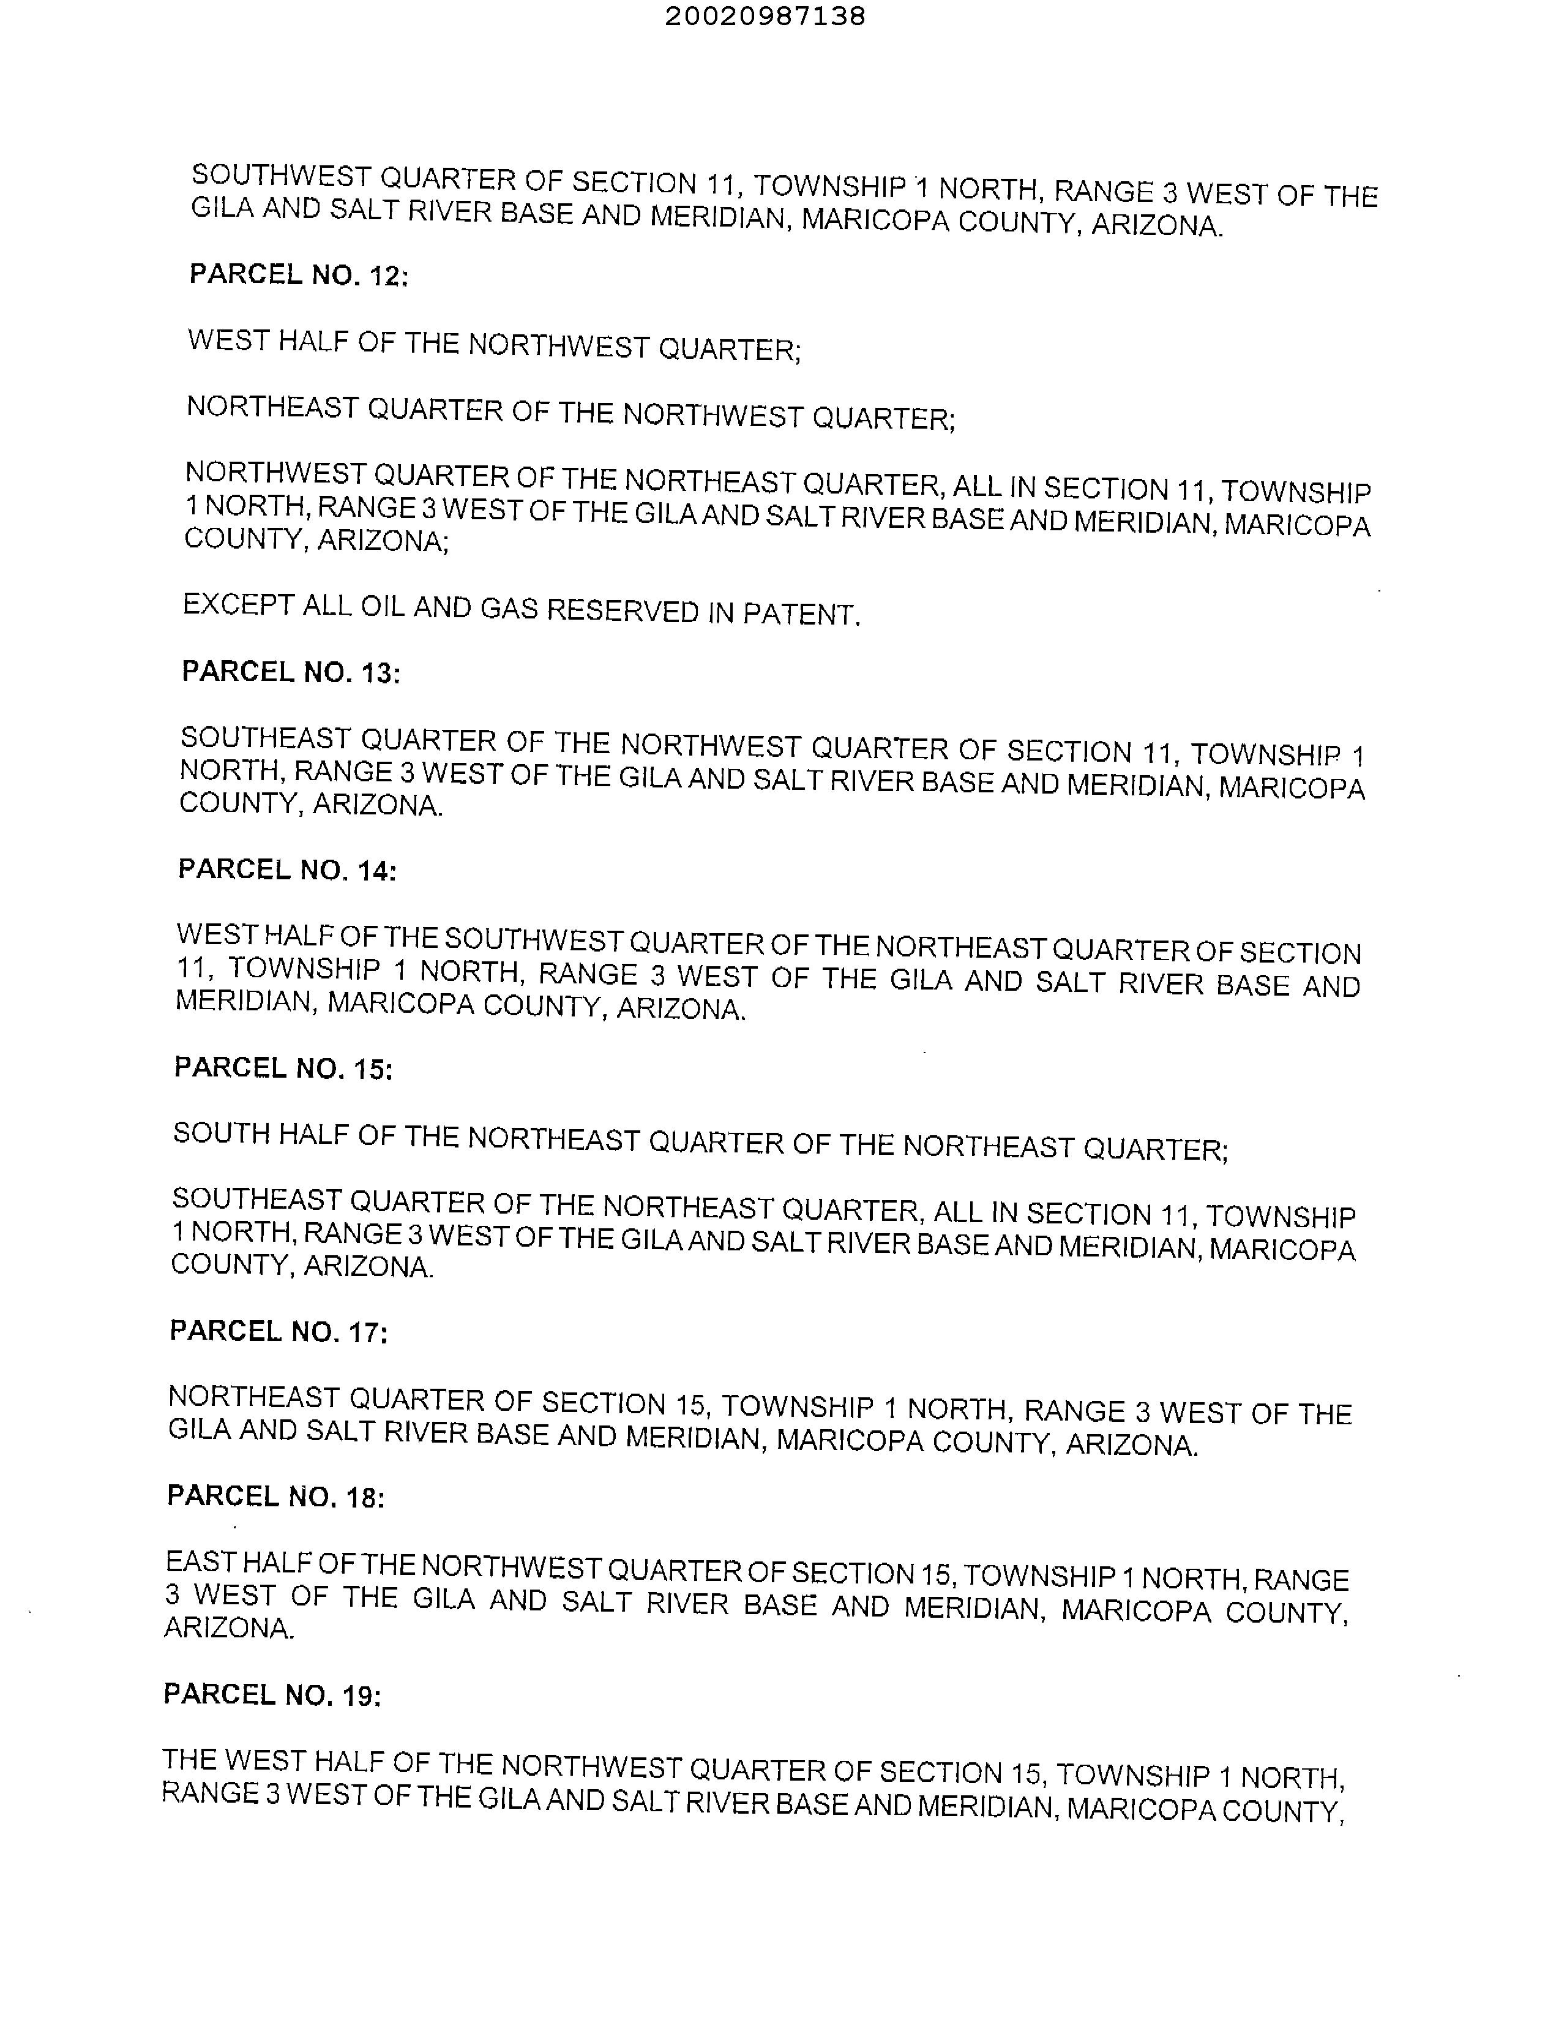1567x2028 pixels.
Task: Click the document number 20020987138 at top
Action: [x=765, y=16]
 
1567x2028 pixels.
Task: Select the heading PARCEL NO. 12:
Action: [x=299, y=275]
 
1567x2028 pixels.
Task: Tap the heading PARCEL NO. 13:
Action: [x=291, y=672]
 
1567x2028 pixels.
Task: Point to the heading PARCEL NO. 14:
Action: [x=288, y=870]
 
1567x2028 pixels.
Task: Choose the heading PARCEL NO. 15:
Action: [x=284, y=1068]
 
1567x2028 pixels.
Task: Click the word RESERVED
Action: [x=622, y=611]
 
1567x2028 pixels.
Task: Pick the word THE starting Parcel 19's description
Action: [x=189, y=1760]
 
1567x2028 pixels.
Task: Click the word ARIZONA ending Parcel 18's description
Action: [x=230, y=1628]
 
